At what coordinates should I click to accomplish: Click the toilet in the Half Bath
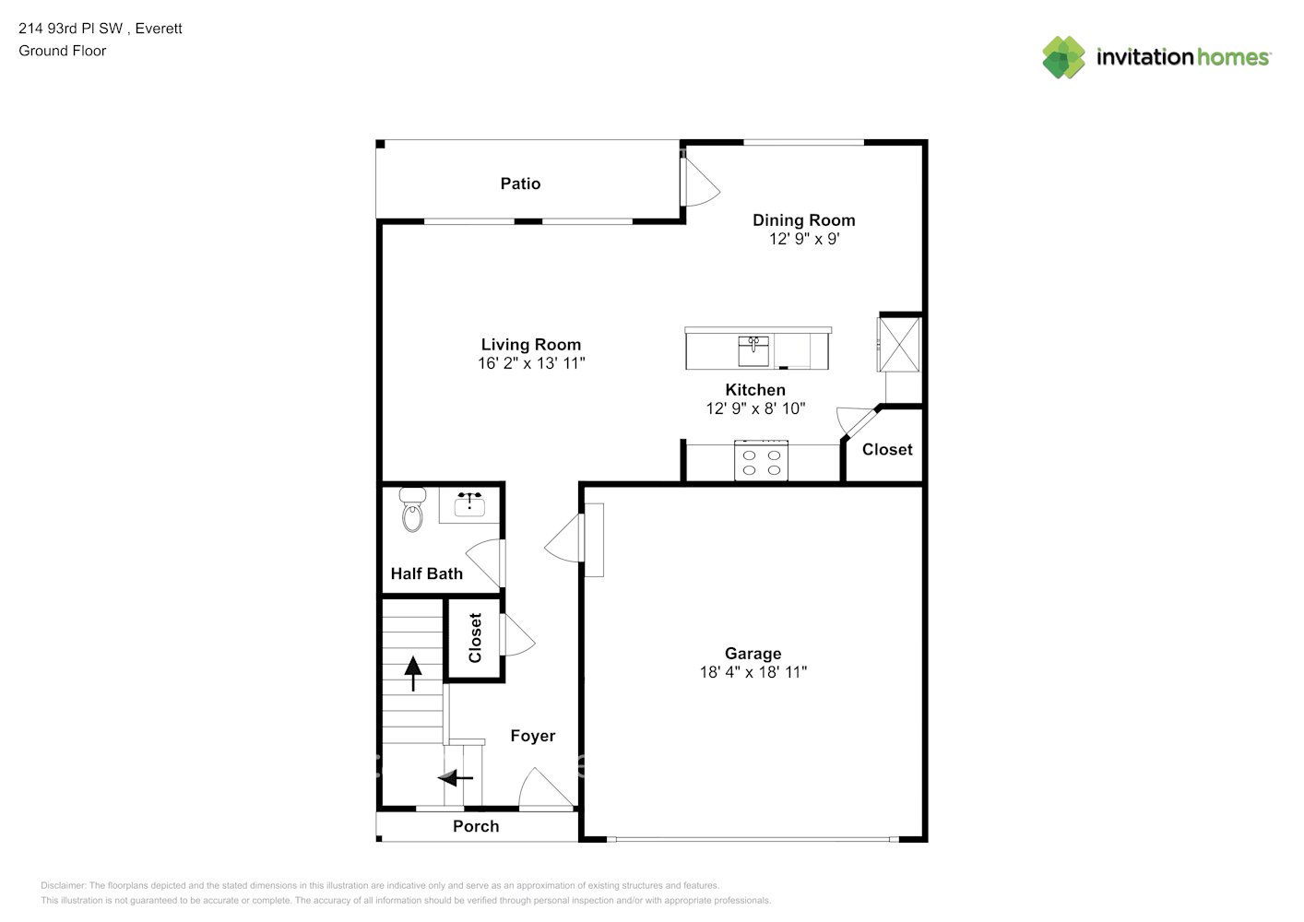412,510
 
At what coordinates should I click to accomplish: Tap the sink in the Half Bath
469,503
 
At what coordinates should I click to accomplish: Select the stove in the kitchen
761,461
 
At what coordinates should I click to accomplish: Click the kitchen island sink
753,350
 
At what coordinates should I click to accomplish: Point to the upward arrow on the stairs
413,673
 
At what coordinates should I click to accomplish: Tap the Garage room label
753,654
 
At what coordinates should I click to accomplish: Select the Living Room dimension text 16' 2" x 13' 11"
531,363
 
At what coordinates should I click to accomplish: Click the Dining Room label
803,220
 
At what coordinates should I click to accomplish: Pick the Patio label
520,183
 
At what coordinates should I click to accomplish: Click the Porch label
476,826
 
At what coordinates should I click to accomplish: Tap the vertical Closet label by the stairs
475,638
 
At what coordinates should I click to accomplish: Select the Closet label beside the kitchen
887,450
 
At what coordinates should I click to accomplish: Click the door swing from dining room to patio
698,183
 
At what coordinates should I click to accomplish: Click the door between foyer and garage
565,538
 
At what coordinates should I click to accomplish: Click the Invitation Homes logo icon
1063,57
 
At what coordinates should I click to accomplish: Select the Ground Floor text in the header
63,51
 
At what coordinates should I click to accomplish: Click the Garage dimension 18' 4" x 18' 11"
753,672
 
